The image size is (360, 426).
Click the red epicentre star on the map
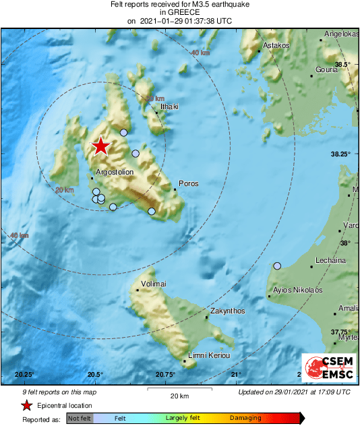pos(100,146)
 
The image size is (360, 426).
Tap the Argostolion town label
pos(115,173)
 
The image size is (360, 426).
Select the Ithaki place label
pos(169,106)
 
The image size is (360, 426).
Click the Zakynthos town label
pos(227,311)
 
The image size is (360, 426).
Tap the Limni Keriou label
pos(210,355)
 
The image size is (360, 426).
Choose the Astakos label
pos(276,45)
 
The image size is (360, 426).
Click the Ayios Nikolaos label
pos(297,290)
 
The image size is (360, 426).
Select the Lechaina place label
pos(331,260)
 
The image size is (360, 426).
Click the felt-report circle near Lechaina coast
pos(277,266)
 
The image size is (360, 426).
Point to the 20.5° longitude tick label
pos(94,374)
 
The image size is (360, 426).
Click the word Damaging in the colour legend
pos(246,419)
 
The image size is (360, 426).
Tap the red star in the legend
pos(26,406)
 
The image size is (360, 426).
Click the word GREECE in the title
pos(179,12)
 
